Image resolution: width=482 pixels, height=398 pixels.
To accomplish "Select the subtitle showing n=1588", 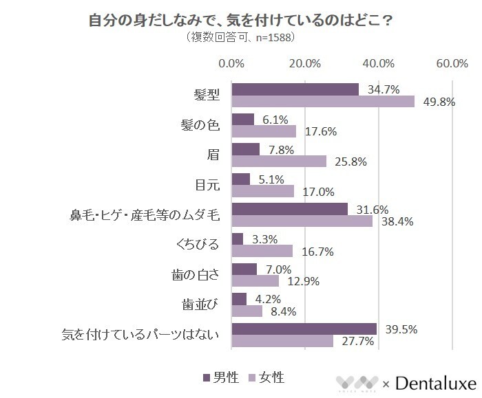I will (241, 37).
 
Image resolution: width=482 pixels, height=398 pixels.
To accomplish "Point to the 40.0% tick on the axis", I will (378, 64).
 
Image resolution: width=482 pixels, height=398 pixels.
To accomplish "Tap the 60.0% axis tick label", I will (452, 64).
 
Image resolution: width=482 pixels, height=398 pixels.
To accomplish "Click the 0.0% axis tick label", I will (231, 64).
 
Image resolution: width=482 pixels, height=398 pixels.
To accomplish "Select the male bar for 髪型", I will (295, 89).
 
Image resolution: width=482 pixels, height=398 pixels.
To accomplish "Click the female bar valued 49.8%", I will (323, 102).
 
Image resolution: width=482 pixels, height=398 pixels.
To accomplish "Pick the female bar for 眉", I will (279, 162).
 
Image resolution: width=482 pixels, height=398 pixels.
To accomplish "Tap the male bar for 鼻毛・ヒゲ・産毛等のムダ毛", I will (290, 209).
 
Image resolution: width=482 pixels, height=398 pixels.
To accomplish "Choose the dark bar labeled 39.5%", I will (304, 329).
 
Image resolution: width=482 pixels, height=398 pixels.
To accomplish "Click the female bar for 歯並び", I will (247, 311).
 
